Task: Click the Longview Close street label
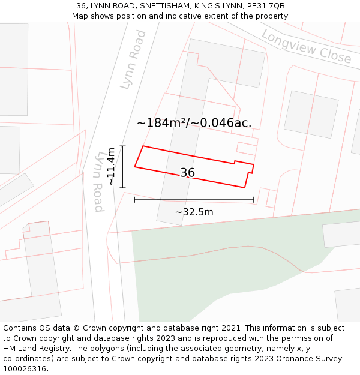(x=307, y=47)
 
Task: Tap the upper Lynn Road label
(x=133, y=60)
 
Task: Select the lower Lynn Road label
(x=100, y=181)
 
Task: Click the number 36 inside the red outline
(x=188, y=173)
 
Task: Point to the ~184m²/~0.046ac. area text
(x=194, y=123)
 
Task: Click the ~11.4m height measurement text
(x=111, y=167)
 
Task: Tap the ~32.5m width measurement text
(x=194, y=212)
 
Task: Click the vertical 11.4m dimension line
(x=122, y=167)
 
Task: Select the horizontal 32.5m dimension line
(x=194, y=200)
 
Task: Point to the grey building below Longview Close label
(x=311, y=115)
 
